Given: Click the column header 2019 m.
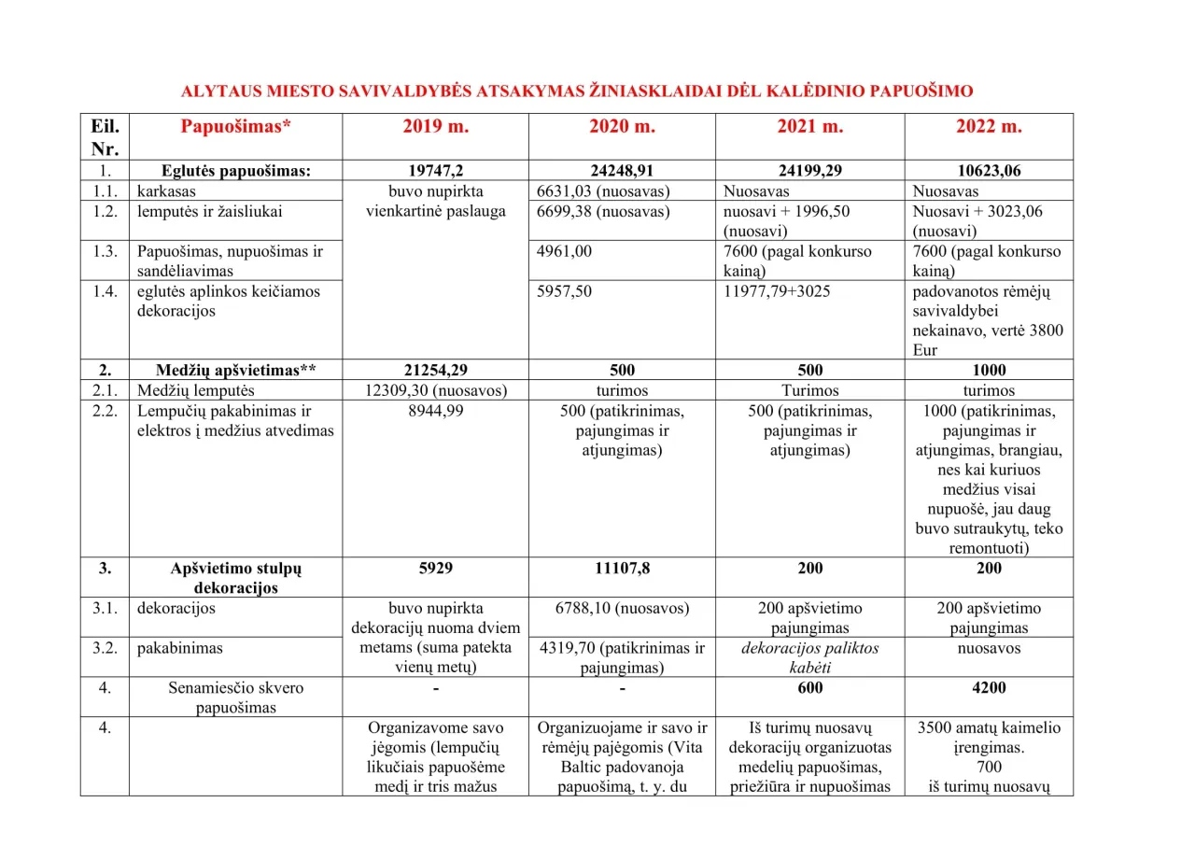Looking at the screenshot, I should click(x=435, y=127).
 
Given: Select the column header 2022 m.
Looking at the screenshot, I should click(x=989, y=127).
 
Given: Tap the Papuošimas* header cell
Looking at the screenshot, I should click(x=236, y=127).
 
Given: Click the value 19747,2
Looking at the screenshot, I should click(x=435, y=171).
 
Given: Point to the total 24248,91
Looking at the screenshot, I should click(x=622, y=171).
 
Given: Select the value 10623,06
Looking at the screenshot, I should click(x=989, y=171).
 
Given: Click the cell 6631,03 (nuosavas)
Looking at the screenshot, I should click(x=603, y=191).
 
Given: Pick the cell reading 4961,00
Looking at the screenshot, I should click(x=564, y=251).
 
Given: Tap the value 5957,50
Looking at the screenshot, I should click(x=564, y=291).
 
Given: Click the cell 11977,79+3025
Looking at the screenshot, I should click(x=777, y=291).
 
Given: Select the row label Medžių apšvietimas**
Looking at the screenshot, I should click(x=236, y=370).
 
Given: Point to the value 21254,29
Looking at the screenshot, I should click(x=435, y=370).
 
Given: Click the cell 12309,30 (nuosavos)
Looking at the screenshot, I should click(x=435, y=390).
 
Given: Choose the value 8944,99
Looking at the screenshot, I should click(x=435, y=411).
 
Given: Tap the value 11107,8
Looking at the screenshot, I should click(x=622, y=568).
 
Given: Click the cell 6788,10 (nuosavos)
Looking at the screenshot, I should click(x=622, y=609).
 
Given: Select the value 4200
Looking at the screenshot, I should click(x=989, y=688).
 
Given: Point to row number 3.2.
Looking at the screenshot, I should click(x=105, y=648).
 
